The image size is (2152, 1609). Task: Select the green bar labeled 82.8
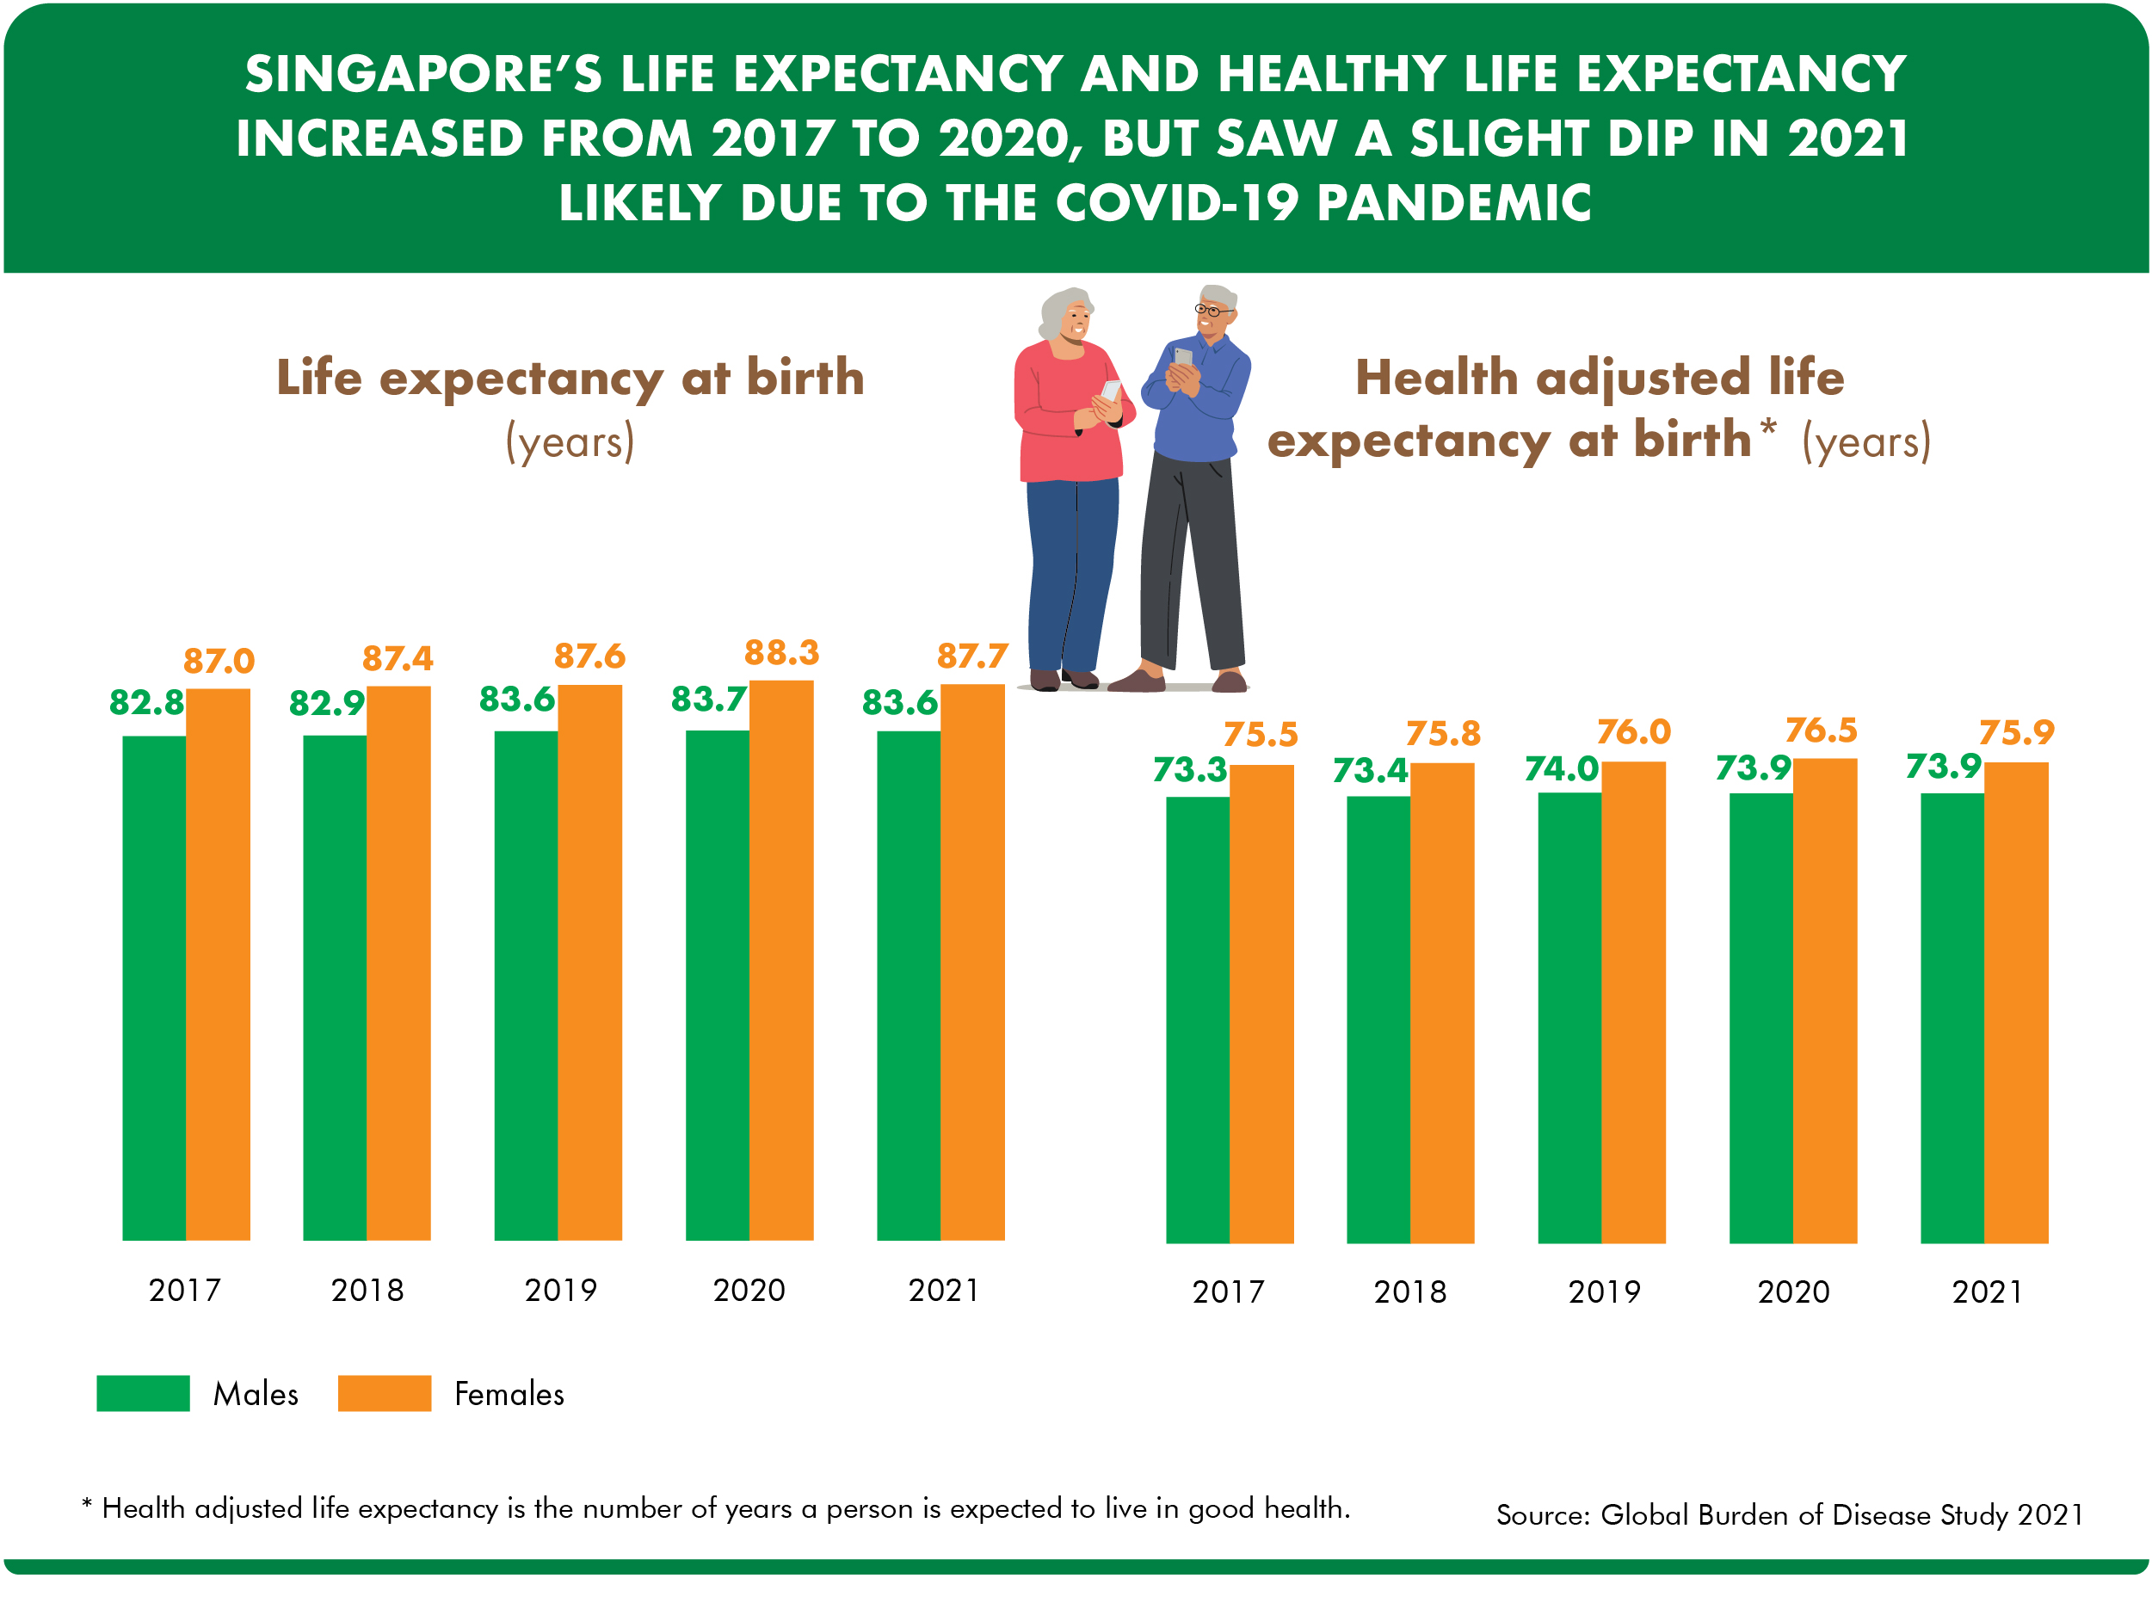pyautogui.click(x=154, y=988)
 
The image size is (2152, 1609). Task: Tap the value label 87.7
pyautogui.click(x=972, y=656)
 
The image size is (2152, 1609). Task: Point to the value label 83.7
pyautogui.click(x=708, y=699)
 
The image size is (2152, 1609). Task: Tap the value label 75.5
pyautogui.click(x=1260, y=735)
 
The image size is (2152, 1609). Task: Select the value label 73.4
pyautogui.click(x=1370, y=770)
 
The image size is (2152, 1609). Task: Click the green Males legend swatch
pyautogui.click(x=143, y=1393)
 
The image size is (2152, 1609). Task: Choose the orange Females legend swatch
pyautogui.click(x=385, y=1393)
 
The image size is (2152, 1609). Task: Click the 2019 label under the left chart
pyautogui.click(x=560, y=1290)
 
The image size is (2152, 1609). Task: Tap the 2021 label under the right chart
pyautogui.click(x=1987, y=1292)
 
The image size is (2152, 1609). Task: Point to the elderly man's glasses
pyautogui.click(x=1212, y=311)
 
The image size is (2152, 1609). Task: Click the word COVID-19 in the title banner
pyautogui.click(x=1177, y=203)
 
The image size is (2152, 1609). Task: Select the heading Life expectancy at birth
pyautogui.click(x=570, y=378)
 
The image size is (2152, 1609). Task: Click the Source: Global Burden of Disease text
pyautogui.click(x=1789, y=1514)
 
